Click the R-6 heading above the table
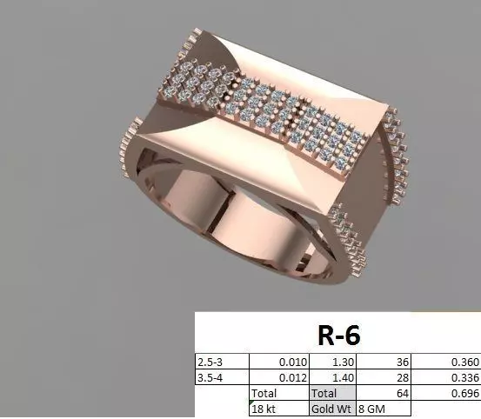point(337,334)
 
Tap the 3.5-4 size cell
point(211,376)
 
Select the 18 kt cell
point(264,409)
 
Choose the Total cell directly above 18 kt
point(264,393)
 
